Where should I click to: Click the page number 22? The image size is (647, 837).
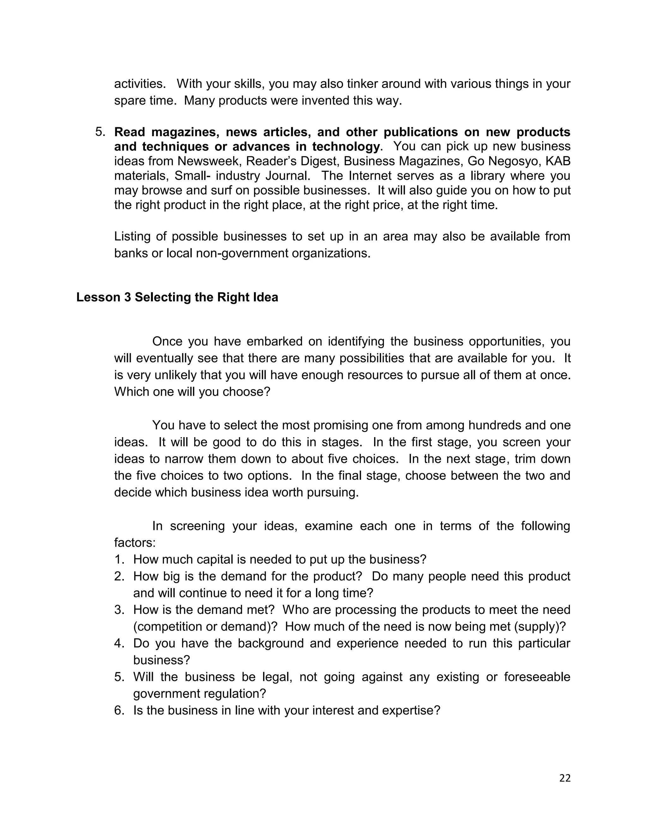(565, 778)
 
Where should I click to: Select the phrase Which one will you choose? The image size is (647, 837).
(192, 392)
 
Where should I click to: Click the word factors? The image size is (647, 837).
(135, 542)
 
